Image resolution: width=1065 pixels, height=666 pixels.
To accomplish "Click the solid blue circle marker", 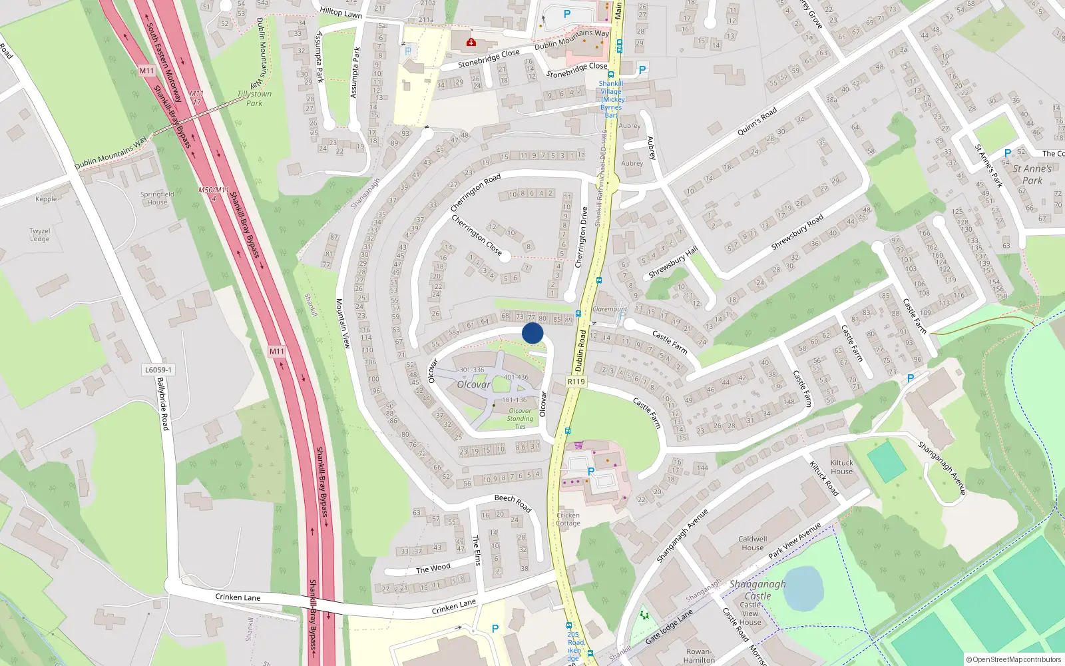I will (x=532, y=333).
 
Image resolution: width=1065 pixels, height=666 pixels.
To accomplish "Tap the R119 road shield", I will (x=576, y=382).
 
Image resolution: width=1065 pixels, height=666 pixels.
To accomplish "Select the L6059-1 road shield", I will (x=158, y=370).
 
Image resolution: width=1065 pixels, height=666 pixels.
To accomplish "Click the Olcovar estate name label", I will (x=474, y=384).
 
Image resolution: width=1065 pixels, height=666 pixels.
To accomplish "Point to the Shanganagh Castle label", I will (x=757, y=590).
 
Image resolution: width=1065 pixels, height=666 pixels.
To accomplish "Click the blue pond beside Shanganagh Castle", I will (x=803, y=588).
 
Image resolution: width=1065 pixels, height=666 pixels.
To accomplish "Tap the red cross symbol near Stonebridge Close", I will (x=471, y=43).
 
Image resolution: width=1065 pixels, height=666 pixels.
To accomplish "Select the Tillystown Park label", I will (x=254, y=99).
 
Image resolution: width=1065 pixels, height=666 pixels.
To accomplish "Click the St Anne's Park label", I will (x=1032, y=174).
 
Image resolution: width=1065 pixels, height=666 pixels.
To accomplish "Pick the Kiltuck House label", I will (x=841, y=467).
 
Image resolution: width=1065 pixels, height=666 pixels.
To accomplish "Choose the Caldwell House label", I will (x=753, y=543).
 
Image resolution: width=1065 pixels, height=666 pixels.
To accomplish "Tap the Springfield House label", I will (x=157, y=198).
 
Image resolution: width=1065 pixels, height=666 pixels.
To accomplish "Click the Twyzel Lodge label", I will (x=39, y=235).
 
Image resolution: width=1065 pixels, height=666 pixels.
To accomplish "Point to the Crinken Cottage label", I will (x=568, y=519).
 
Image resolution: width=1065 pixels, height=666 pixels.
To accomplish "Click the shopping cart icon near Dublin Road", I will (x=578, y=445).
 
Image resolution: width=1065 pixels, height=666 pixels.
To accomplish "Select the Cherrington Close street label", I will (x=477, y=234).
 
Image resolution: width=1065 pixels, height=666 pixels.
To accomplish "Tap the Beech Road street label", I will (x=513, y=502).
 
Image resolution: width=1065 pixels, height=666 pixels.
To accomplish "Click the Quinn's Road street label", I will (x=757, y=122).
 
